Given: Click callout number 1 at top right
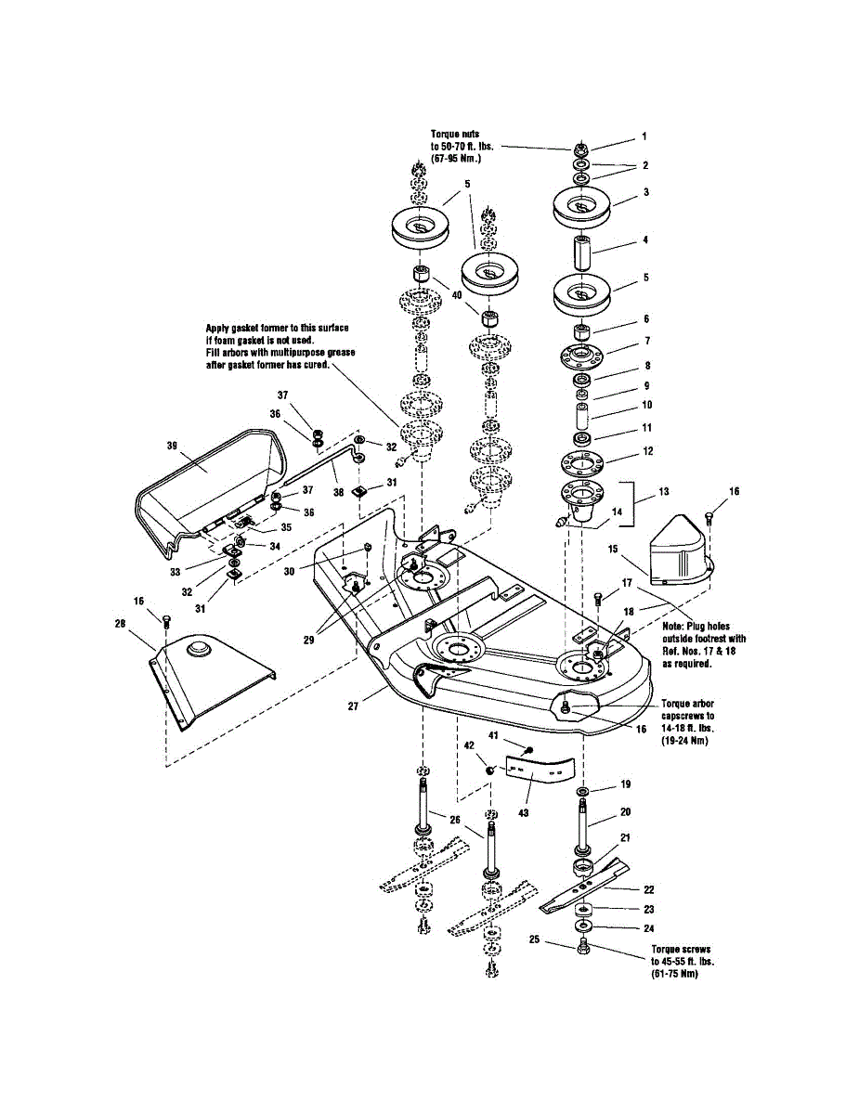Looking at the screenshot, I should click(644, 136).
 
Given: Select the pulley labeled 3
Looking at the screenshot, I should click(580, 207).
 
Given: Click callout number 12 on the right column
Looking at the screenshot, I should click(647, 451).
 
